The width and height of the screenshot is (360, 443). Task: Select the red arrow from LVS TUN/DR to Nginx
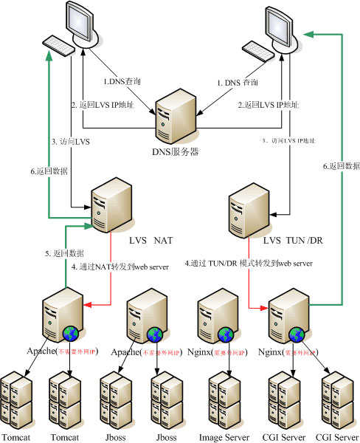click(x=250, y=288)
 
